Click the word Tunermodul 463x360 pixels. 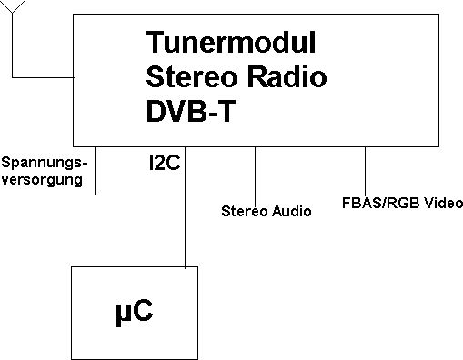(231, 42)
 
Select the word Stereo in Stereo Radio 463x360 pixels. (192, 76)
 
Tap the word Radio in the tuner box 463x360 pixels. (287, 76)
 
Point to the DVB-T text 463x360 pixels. (191, 111)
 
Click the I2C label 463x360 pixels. (165, 163)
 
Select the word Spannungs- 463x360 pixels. (45, 164)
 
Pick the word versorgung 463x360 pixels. (42, 180)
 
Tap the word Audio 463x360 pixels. (291, 211)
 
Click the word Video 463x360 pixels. (443, 203)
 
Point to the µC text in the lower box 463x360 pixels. (135, 311)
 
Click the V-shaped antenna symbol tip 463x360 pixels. (12, 13)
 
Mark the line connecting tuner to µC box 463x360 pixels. (185, 207)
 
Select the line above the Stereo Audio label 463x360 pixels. (255, 176)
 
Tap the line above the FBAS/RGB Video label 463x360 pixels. (365, 172)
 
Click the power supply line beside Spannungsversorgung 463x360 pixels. (96, 171)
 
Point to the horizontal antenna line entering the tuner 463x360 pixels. (43, 77)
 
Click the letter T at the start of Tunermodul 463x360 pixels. (155, 42)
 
